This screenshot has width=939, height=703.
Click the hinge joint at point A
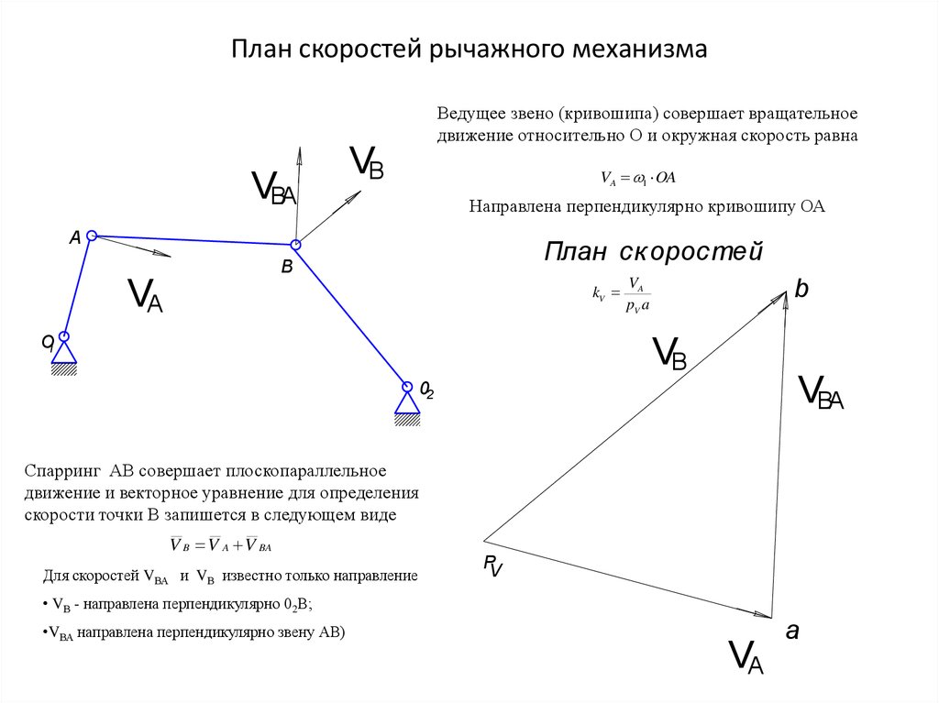(x=92, y=236)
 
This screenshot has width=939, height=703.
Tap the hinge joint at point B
(x=295, y=245)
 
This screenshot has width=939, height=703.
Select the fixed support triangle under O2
(x=407, y=404)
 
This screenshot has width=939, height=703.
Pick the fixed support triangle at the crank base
(x=64, y=353)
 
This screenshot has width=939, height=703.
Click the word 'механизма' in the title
(x=639, y=49)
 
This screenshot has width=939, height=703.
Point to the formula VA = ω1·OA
(x=638, y=178)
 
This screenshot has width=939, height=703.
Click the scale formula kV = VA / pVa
(x=621, y=294)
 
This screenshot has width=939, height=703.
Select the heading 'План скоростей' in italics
(x=653, y=251)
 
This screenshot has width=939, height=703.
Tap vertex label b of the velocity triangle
(x=801, y=289)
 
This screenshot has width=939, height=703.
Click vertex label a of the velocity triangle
(x=792, y=631)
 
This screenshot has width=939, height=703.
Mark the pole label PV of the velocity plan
(x=492, y=566)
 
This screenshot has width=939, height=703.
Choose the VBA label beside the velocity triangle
(x=821, y=392)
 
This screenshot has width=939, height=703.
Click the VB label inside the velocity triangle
(x=668, y=353)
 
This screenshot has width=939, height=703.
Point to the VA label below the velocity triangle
(x=746, y=657)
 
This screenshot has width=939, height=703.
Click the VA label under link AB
(x=146, y=295)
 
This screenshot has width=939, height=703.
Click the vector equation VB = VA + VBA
(x=221, y=544)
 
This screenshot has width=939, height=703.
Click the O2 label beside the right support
(x=426, y=390)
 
